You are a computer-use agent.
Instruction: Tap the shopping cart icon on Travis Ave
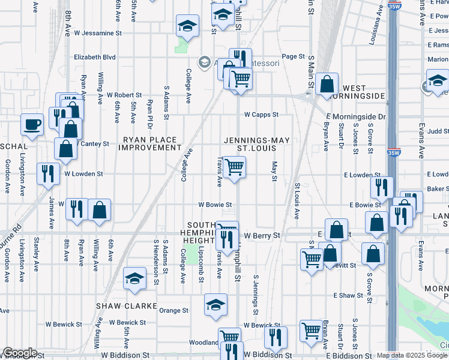(x=234, y=166)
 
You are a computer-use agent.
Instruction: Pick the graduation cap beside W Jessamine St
(x=187, y=26)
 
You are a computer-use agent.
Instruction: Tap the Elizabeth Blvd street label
(x=94, y=57)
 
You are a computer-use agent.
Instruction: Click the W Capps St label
(x=261, y=115)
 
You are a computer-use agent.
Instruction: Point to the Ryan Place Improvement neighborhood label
(x=151, y=143)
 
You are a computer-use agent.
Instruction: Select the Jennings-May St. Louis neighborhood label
(x=257, y=144)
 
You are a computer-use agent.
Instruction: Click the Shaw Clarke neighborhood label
(x=118, y=306)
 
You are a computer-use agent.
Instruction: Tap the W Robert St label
(x=124, y=95)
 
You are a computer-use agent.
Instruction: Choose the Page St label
(x=294, y=56)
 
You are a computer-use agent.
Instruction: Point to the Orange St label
(x=174, y=311)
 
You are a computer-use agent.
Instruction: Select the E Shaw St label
(x=349, y=295)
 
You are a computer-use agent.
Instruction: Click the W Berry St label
(x=262, y=236)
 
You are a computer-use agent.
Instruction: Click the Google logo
(x=19, y=353)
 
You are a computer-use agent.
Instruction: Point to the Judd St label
(x=438, y=131)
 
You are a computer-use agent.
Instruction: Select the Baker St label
(x=439, y=189)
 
